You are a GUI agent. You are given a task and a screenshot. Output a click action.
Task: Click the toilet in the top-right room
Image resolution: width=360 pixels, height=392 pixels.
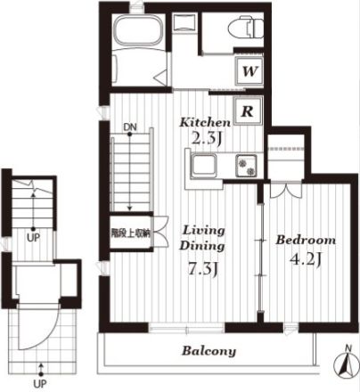coord(246,28)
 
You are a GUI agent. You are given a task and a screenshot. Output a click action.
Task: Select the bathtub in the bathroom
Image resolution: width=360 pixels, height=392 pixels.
coord(138,30)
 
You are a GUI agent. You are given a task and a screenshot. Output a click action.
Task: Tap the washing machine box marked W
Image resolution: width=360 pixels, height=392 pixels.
coord(249,71)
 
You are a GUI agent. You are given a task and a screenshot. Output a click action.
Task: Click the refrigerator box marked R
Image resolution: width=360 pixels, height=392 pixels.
coord(248,110)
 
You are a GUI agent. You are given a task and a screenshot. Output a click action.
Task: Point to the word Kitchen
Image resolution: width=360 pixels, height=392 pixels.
coord(205,122)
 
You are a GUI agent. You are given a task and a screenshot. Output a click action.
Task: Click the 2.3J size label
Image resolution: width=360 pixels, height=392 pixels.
coord(207,138)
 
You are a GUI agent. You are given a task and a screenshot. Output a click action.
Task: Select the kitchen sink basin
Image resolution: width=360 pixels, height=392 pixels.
coord(203,166)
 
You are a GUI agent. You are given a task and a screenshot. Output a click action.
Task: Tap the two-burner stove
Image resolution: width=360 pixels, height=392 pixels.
coord(247,167)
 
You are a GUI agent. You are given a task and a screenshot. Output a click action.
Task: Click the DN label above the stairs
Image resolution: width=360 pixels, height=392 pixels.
coord(130,127)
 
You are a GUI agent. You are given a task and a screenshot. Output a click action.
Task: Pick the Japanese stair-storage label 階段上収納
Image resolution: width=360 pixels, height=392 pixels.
coord(130,233)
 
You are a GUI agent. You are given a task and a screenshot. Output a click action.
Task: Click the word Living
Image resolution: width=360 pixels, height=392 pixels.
coord(203,230)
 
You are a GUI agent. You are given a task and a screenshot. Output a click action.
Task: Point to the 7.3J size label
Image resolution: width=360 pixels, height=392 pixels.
coord(203,269)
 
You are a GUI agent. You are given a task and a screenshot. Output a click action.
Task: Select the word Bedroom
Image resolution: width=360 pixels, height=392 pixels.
coord(306,240)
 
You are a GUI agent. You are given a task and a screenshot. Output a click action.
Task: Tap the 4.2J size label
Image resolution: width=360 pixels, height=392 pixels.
coord(306,259)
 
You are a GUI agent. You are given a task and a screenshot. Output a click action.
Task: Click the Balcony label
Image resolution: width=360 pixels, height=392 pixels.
coord(209,351)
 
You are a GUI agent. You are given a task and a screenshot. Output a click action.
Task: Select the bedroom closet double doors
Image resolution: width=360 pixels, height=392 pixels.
coord(286,191)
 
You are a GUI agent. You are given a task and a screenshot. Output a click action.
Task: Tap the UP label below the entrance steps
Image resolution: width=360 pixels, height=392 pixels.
coord(40,384)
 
